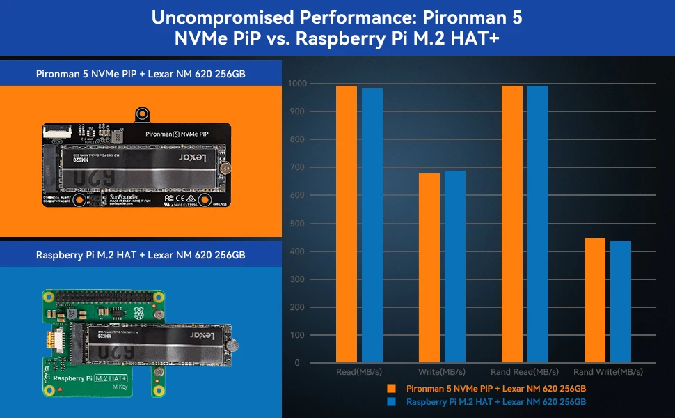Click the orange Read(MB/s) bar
347,223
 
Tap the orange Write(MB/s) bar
429,268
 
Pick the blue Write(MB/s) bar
455,266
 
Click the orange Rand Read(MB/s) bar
512,223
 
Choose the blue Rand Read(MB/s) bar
538,223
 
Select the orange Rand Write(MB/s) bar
595,300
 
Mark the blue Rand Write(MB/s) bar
621,301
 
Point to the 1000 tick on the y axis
296,84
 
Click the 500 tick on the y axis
299,224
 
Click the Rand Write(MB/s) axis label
608,372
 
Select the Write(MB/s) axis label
442,372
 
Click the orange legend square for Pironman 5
393,388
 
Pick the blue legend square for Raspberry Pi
393,402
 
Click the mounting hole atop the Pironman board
143,114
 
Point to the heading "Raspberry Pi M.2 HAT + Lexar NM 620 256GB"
141,255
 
